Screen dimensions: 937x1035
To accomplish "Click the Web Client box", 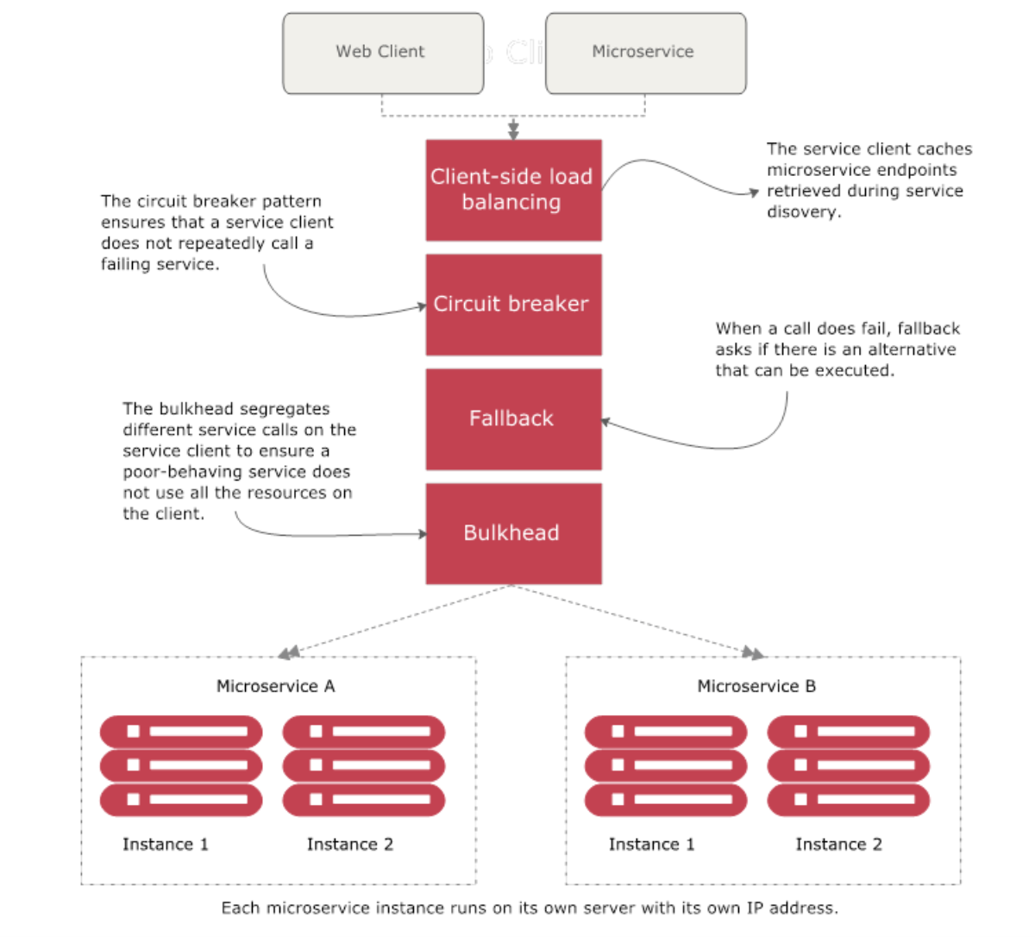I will [x=383, y=53].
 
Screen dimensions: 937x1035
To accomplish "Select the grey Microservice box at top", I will [x=645, y=53].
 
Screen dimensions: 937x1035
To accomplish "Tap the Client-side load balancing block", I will [x=513, y=190].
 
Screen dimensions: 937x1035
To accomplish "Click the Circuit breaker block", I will [x=513, y=304].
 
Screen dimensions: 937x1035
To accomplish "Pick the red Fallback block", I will [x=513, y=418].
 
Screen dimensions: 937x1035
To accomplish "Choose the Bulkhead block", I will [x=513, y=533].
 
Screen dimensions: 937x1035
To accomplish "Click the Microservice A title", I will [x=275, y=686].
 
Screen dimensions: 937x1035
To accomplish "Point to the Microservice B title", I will [x=756, y=686].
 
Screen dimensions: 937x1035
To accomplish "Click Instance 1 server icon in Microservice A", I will [x=181, y=765].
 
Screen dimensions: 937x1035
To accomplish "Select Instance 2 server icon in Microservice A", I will [x=364, y=765].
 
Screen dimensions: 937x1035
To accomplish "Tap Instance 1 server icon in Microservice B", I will [x=666, y=765].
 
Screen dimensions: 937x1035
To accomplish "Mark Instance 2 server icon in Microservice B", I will [x=849, y=765].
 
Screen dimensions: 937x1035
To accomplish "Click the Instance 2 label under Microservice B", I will [x=838, y=844].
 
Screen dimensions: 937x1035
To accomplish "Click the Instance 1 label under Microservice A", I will [x=166, y=844].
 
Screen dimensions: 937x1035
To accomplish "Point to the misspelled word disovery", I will [x=802, y=212].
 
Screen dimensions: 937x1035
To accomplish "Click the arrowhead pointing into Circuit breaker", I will [x=422, y=305].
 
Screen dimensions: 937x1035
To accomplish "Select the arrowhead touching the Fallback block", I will [x=605, y=422].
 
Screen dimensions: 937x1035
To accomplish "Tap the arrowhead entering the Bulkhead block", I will [x=422, y=534].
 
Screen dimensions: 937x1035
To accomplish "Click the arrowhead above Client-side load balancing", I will [x=513, y=132].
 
